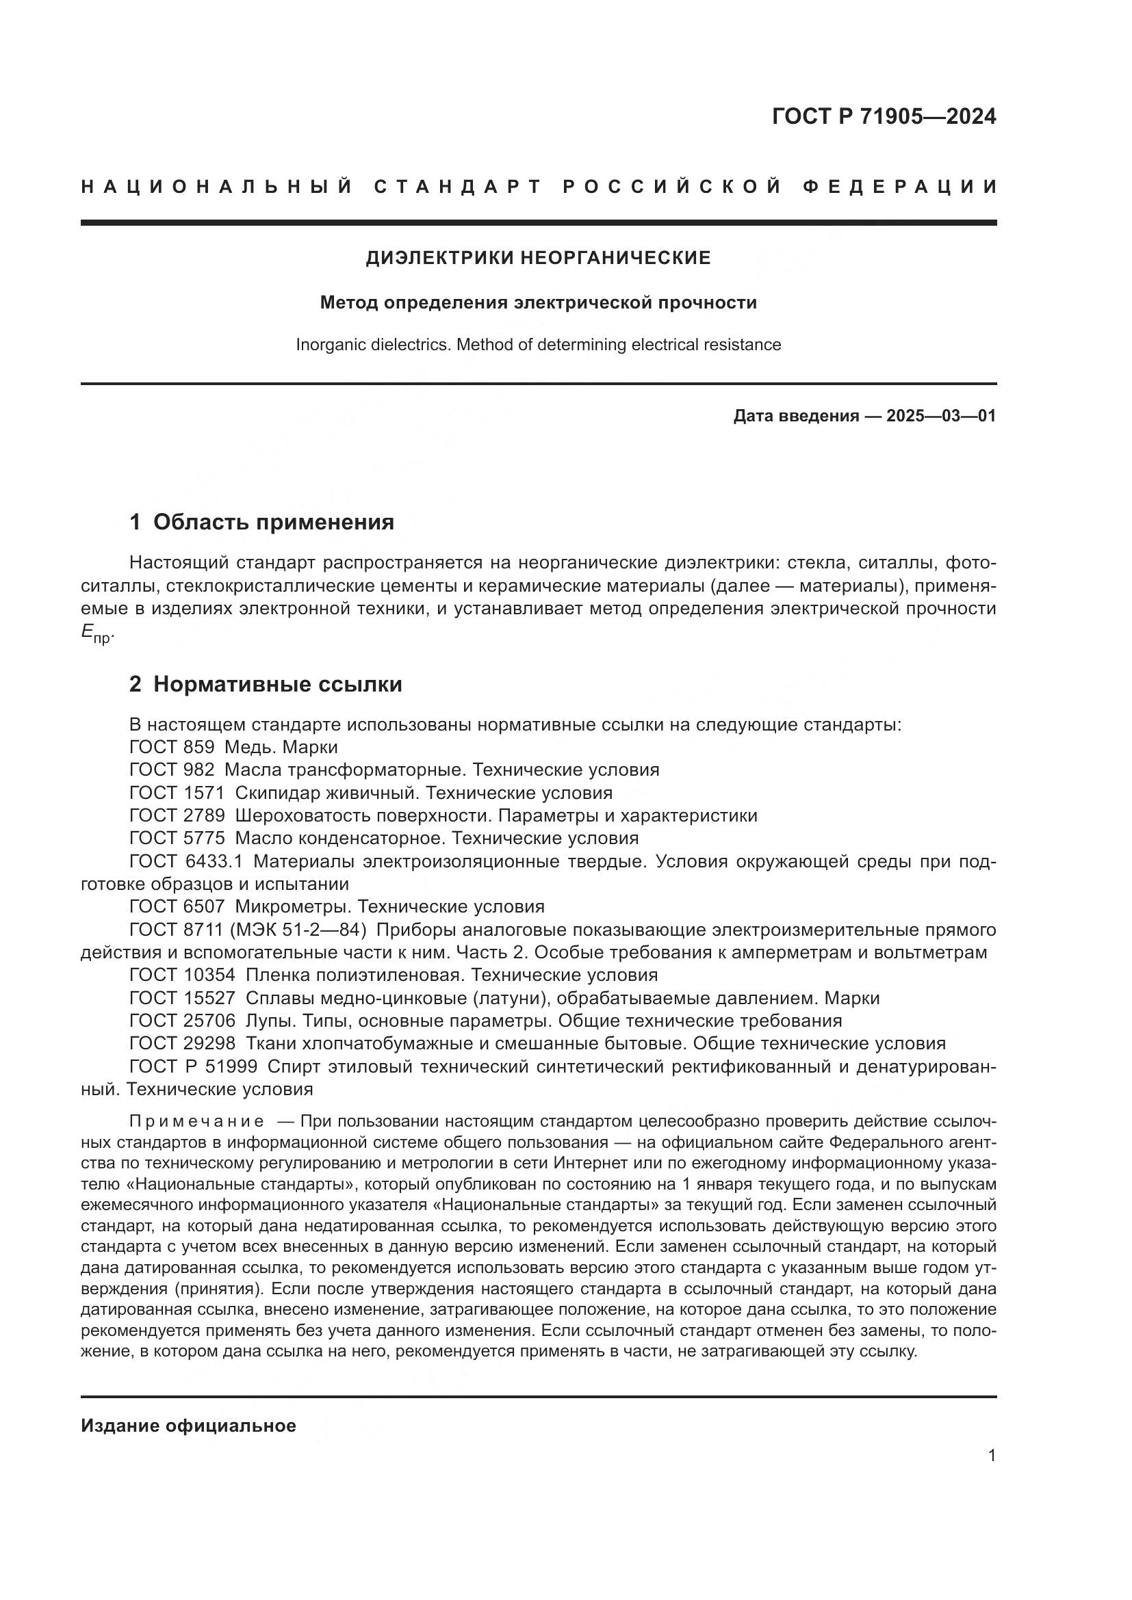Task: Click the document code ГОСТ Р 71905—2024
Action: click(x=883, y=116)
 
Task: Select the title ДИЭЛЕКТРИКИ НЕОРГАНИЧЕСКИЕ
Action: click(x=538, y=258)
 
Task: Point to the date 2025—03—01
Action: click(x=941, y=416)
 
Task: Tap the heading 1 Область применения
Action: click(x=261, y=522)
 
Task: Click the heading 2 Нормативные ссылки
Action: click(x=266, y=684)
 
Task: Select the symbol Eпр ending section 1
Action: click(x=96, y=633)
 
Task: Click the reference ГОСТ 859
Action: click(x=172, y=747)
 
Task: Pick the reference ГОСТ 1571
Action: click(x=177, y=793)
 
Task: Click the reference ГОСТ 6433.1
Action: click(x=186, y=861)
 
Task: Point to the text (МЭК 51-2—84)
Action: click(x=302, y=930)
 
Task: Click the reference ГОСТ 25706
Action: click(x=182, y=1021)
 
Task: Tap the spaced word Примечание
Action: click(x=196, y=1121)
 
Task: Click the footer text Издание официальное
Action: click(x=188, y=1425)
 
